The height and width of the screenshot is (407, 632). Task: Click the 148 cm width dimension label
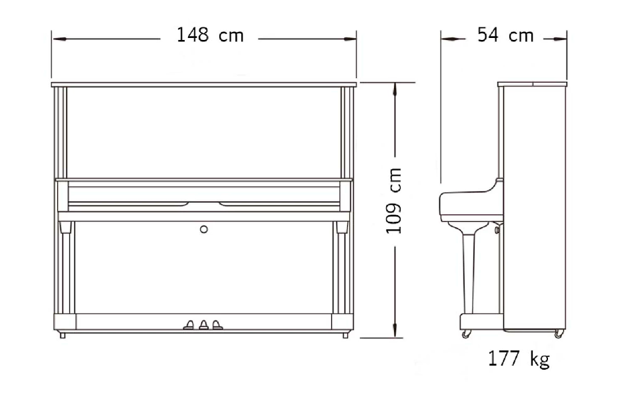[211, 35]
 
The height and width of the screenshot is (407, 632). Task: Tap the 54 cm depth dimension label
[505, 35]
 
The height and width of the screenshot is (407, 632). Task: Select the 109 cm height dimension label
[394, 201]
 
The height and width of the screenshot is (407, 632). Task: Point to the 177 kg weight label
[519, 358]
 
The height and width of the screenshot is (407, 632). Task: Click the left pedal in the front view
[189, 325]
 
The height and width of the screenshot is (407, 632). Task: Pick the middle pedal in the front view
[203, 325]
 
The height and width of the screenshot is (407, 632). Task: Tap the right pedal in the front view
[217, 325]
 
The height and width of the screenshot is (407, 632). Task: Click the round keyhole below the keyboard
[204, 229]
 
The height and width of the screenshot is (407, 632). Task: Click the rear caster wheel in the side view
[559, 334]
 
